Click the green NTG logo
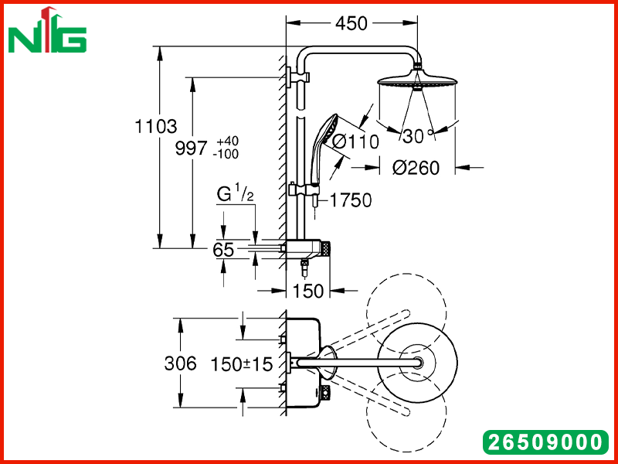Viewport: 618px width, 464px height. click(x=47, y=31)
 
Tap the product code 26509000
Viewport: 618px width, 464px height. click(x=545, y=442)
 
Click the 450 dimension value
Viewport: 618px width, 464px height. click(x=351, y=24)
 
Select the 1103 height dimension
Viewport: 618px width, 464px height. click(x=156, y=127)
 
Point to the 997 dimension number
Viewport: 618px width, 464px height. click(x=191, y=148)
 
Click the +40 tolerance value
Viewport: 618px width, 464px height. click(x=227, y=142)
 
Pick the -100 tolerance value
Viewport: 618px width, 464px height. click(x=226, y=154)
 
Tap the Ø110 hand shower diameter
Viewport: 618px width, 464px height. click(x=355, y=142)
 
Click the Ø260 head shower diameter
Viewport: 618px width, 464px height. click(x=416, y=168)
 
